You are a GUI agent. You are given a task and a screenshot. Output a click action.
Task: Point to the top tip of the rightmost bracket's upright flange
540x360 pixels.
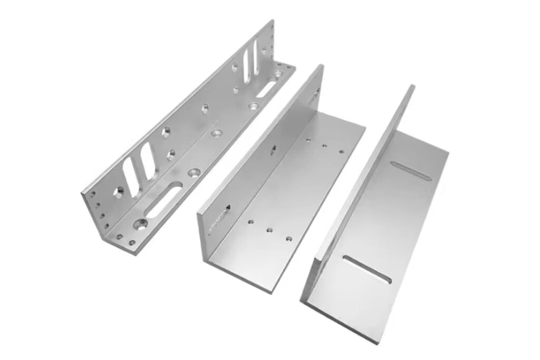pos(412,86)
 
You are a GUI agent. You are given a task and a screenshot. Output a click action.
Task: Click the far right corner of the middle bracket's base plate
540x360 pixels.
pos(364,127)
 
